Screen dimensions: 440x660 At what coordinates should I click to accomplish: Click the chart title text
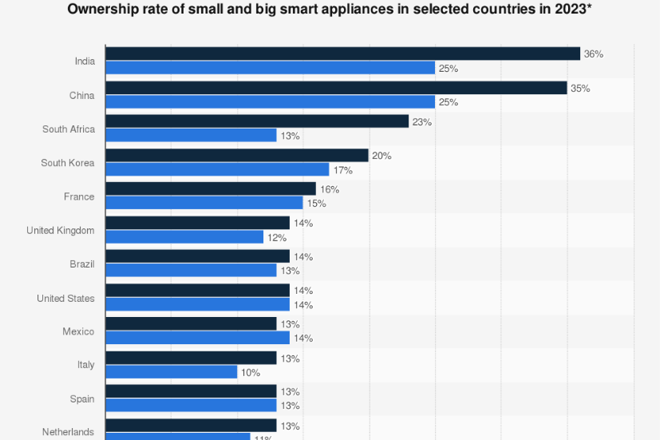(329, 10)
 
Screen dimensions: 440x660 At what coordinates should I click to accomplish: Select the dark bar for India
(342, 54)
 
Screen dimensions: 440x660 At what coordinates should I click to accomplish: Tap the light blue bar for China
(270, 102)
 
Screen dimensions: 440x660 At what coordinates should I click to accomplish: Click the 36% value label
(594, 54)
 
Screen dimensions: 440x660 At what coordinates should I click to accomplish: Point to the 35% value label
(580, 88)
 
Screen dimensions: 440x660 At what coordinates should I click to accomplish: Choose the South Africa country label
(69, 129)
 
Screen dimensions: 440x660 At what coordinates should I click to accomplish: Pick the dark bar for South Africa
(257, 121)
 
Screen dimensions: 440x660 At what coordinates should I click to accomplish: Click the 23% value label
(422, 122)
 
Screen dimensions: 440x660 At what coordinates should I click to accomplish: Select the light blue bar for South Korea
(217, 169)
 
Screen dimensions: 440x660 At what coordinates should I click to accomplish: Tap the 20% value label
(381, 156)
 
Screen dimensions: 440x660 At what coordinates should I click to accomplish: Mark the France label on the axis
(79, 196)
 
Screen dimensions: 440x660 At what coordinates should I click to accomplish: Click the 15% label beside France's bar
(316, 204)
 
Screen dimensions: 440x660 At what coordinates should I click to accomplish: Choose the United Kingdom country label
(61, 231)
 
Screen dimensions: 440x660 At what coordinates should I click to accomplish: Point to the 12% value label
(277, 237)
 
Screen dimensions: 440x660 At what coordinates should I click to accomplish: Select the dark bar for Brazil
(197, 256)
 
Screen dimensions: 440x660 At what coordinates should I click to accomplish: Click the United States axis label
(65, 299)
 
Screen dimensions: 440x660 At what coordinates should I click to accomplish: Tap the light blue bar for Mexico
(197, 339)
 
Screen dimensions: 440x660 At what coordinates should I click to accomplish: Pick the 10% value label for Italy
(251, 373)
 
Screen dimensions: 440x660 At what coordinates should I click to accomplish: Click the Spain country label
(81, 399)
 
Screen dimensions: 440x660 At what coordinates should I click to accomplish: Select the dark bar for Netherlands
(191, 426)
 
